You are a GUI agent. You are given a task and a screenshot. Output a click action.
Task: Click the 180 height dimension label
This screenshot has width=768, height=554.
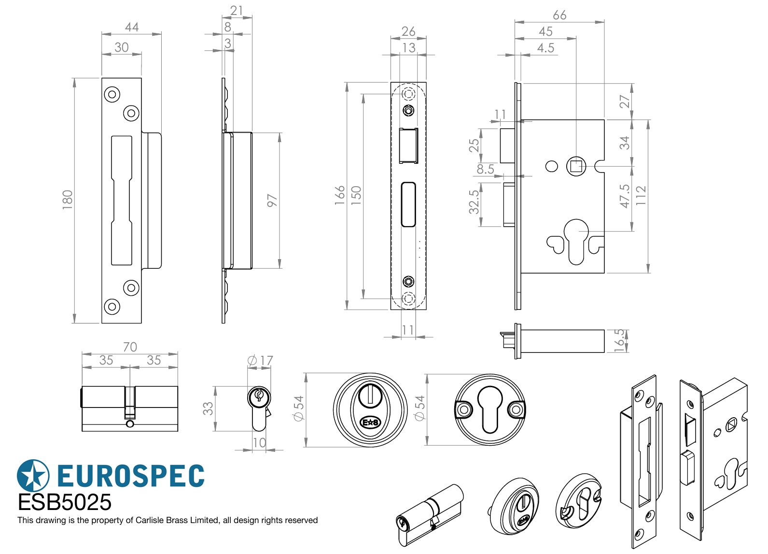(x=67, y=200)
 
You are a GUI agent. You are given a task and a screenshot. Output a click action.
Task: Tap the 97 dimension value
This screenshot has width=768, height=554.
(x=272, y=200)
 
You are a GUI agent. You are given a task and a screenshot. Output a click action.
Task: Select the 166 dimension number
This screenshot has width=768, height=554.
(x=340, y=195)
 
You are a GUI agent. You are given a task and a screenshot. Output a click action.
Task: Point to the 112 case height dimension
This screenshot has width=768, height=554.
(x=641, y=195)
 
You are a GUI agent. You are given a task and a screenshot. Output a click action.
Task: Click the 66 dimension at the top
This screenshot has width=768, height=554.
(x=559, y=15)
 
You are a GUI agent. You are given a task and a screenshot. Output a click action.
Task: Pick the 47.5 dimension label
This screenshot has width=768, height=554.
(x=625, y=196)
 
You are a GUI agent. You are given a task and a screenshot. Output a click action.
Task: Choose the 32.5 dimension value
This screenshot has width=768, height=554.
(x=474, y=202)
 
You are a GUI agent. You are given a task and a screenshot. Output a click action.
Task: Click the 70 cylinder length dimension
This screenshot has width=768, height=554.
(x=130, y=347)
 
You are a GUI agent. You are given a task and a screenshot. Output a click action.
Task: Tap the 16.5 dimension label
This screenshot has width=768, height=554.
(x=619, y=340)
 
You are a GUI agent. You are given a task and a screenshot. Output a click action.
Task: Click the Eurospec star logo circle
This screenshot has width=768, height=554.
(x=33, y=476)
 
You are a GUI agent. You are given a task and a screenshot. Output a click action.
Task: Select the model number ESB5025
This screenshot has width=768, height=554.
(x=64, y=503)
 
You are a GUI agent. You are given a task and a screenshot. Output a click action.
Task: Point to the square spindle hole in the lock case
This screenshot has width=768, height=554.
(x=576, y=166)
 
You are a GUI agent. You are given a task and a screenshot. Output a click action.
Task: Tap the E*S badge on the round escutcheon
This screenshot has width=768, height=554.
(x=370, y=423)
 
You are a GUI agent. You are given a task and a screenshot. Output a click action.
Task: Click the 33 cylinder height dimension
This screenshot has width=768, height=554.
(x=208, y=408)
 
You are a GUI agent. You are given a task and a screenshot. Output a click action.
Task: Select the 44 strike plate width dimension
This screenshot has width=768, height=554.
(x=132, y=28)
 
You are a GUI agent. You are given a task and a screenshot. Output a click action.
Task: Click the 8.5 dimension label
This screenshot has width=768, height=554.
(x=485, y=169)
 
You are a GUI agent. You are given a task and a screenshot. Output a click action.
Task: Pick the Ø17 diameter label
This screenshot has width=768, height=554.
(x=260, y=361)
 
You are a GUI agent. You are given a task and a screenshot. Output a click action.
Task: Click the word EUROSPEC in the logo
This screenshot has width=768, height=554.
(x=131, y=476)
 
